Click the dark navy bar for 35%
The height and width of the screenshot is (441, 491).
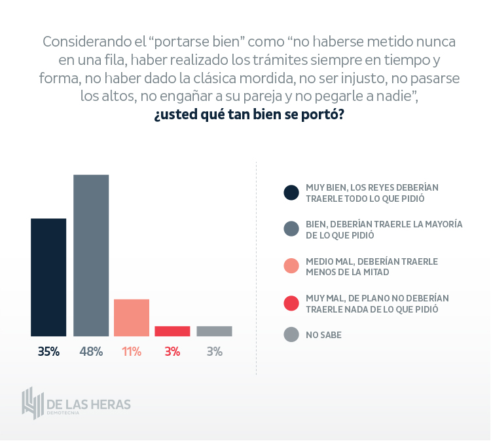click(x=48, y=277)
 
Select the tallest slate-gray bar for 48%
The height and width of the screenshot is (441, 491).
click(x=91, y=256)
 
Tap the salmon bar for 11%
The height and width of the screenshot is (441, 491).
click(x=132, y=318)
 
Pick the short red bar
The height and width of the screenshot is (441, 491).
click(x=172, y=332)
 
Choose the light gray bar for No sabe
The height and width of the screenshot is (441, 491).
click(x=214, y=332)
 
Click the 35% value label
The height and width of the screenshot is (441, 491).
click(x=48, y=352)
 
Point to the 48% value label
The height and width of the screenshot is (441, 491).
click(x=91, y=352)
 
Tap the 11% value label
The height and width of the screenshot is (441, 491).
click(x=132, y=352)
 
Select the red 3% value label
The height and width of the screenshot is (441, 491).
click(x=172, y=352)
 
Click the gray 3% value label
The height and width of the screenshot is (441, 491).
click(x=214, y=352)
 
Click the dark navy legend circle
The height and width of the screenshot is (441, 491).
click(x=291, y=193)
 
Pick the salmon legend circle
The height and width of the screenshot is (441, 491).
click(x=291, y=266)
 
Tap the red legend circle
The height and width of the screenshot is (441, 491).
click(x=291, y=303)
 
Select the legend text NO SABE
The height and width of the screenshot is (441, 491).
click(x=323, y=335)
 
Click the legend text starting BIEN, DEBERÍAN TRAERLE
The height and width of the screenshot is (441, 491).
click(x=384, y=229)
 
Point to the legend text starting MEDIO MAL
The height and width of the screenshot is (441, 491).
click(x=372, y=266)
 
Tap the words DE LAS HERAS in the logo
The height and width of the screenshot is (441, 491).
click(x=89, y=404)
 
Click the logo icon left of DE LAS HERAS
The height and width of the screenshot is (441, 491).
click(x=31, y=403)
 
